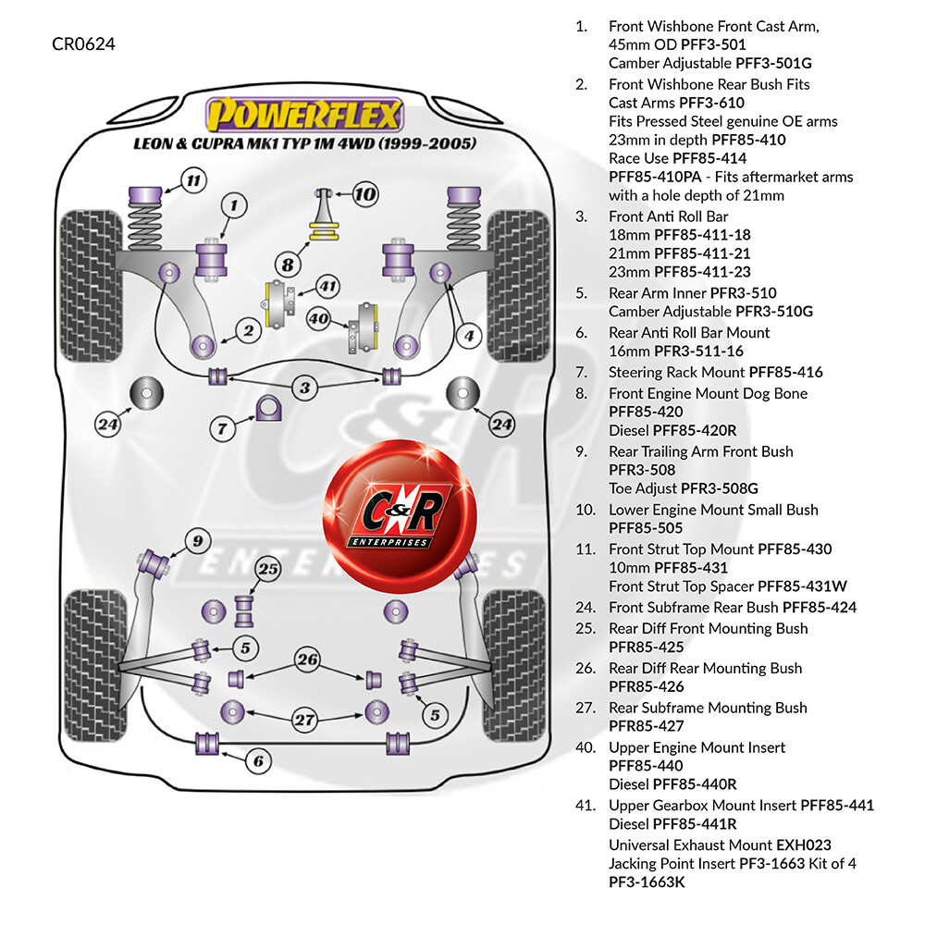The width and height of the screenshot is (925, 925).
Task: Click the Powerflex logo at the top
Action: tap(304, 115)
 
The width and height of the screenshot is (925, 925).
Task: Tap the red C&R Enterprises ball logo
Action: tap(400, 516)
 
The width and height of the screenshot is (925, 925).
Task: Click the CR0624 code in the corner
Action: tap(83, 44)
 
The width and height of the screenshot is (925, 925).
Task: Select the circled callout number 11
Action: tap(193, 180)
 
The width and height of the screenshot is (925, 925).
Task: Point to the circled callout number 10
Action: tap(365, 193)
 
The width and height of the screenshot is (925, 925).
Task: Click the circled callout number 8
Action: tap(288, 265)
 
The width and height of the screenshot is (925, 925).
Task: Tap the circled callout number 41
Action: tap(327, 287)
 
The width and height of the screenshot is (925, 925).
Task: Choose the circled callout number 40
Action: tap(318, 319)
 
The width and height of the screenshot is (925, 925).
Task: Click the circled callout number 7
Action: tap(222, 428)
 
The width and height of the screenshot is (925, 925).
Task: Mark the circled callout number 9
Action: tap(198, 541)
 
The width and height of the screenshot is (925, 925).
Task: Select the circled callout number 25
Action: tap(268, 569)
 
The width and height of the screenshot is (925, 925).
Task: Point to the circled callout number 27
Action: tap(305, 720)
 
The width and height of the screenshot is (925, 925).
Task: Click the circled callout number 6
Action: tap(258, 761)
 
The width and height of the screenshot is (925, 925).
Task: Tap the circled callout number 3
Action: tap(304, 388)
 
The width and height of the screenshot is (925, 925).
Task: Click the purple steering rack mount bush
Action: tap(268, 408)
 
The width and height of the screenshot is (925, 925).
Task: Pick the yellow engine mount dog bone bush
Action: tap(325, 230)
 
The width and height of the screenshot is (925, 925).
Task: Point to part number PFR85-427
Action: tap(646, 726)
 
